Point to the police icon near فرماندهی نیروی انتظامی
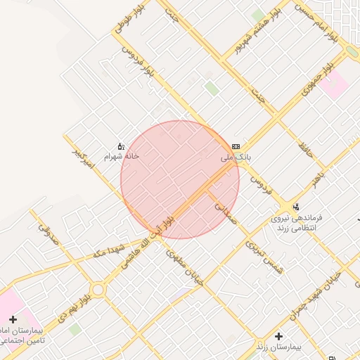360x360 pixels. [x=296, y=207]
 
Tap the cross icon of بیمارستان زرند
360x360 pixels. [x=279, y=337]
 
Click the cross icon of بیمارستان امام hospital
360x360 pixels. [x=13, y=319]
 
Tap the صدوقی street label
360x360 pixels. [x=45, y=221]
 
